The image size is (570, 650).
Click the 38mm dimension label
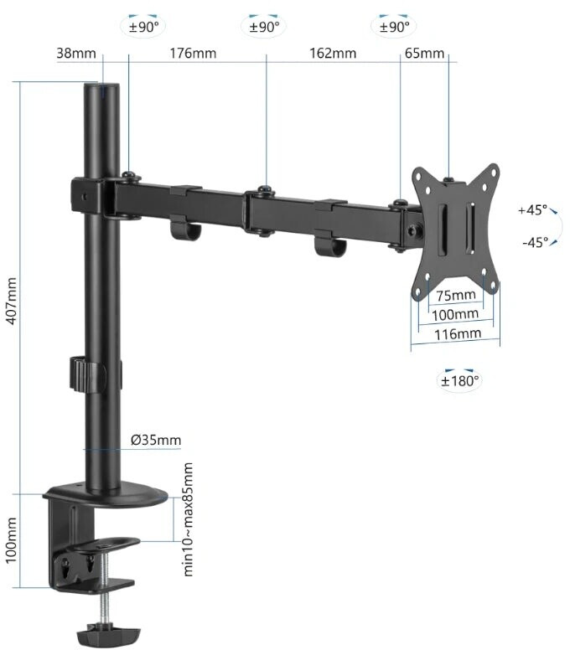pyautogui.click(x=76, y=54)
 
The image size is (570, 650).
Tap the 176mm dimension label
pyautogui.click(x=193, y=54)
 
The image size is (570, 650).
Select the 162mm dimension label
pyautogui.click(x=333, y=54)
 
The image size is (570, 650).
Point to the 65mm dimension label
pyautogui.click(x=424, y=54)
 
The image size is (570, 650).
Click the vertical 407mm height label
pyautogui.click(x=12, y=301)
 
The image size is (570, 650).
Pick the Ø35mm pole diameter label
pyautogui.click(x=156, y=440)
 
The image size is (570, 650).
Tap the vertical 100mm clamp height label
pyautogui.click(x=12, y=540)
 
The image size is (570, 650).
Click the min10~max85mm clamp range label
pyautogui.click(x=188, y=519)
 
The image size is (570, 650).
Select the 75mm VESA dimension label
pyautogui.click(x=456, y=296)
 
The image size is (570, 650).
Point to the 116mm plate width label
pyautogui.click(x=458, y=334)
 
